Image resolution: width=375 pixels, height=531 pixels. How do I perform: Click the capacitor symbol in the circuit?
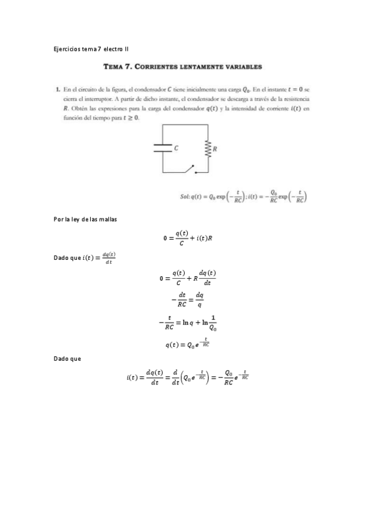click(x=163, y=148)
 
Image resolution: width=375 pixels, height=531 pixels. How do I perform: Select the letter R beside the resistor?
click(x=215, y=149)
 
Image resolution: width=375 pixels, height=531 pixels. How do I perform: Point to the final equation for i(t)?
click(x=188, y=378)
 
